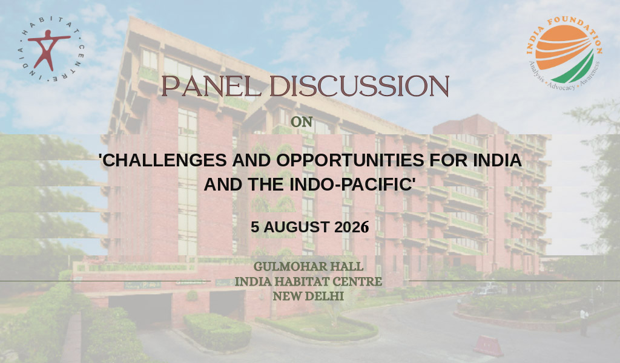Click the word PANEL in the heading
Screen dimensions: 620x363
pyautogui.click(x=211, y=86)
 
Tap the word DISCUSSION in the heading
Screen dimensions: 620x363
pyautogui.click(x=359, y=86)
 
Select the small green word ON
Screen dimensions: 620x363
pyautogui.click(x=302, y=122)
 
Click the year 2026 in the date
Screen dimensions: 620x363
pyautogui.click(x=352, y=227)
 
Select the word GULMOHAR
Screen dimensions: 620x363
pyautogui.click(x=290, y=267)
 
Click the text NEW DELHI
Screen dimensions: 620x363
pyautogui.click(x=308, y=296)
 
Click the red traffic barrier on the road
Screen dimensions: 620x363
pyautogui.click(x=489, y=346)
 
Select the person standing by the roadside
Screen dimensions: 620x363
pyautogui.click(x=584, y=321)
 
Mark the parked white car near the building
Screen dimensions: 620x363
pyautogui.click(x=487, y=290)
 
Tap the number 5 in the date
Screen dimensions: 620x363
pyautogui.click(x=255, y=227)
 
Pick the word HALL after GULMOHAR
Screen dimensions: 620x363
pyautogui.click(x=347, y=267)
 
